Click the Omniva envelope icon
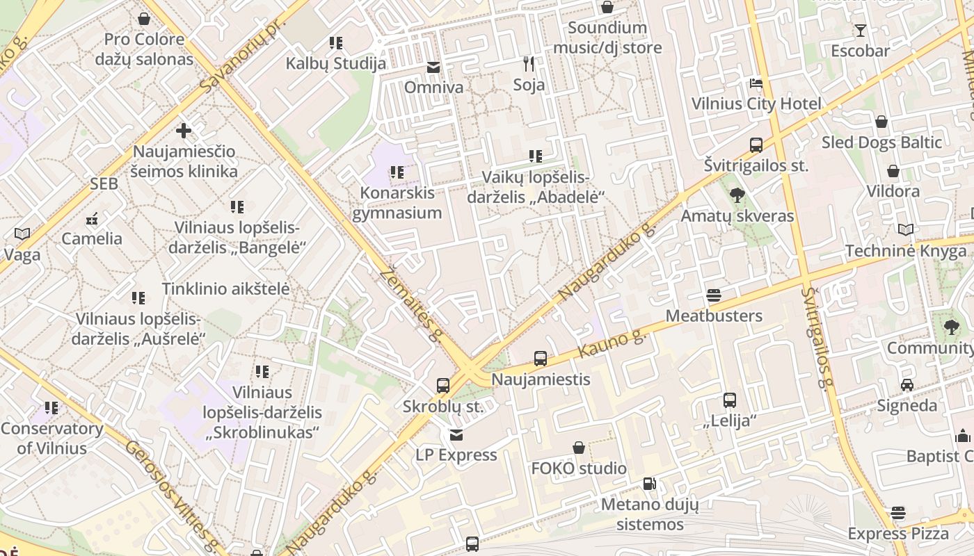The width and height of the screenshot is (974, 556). tap(433, 67)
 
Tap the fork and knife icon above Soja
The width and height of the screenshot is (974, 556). tap(529, 65)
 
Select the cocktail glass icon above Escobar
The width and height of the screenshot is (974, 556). tap(861, 31)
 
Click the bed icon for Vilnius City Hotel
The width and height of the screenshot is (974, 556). tap(756, 84)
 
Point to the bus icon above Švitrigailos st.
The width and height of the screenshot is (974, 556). tap(756, 145)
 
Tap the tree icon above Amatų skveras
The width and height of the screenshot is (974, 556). tap(737, 195)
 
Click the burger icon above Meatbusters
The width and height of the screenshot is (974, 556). tap(714, 295)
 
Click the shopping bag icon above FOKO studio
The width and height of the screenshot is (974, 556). tap(579, 448)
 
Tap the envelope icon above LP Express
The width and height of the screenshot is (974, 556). tap(456, 435)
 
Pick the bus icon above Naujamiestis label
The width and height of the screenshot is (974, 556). tap(541, 359)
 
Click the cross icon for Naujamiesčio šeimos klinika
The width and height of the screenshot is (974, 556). tap(184, 131)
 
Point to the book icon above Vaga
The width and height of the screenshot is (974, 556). tap(22, 234)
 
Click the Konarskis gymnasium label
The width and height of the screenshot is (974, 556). tap(397, 203)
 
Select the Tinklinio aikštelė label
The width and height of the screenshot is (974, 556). tap(225, 288)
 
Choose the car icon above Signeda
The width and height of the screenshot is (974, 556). tap(907, 385)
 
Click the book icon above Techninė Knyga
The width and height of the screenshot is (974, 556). tap(906, 230)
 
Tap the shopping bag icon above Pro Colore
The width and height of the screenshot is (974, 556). tap(144, 19)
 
